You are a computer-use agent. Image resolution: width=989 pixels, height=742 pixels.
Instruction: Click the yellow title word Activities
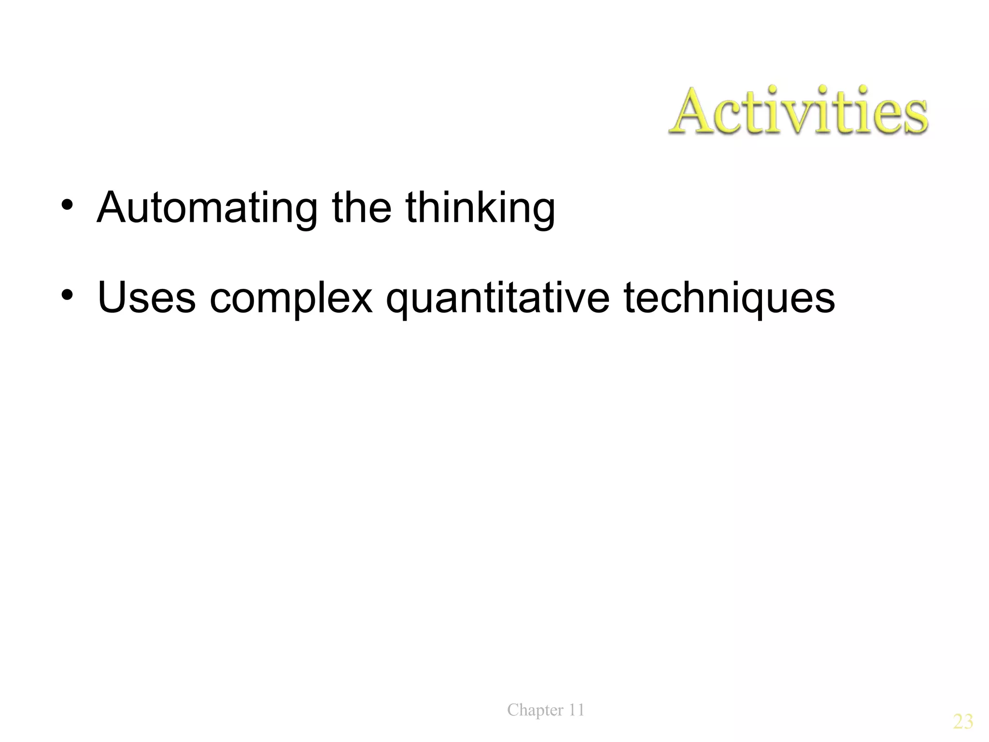[x=798, y=112]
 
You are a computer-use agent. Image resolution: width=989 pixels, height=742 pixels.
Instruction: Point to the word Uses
[x=146, y=298]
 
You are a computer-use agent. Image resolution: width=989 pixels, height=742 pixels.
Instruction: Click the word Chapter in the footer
[x=535, y=710]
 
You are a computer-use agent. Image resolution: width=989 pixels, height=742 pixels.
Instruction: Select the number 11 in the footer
[x=576, y=710]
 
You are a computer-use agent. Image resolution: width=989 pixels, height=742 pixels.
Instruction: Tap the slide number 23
[x=963, y=722]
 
